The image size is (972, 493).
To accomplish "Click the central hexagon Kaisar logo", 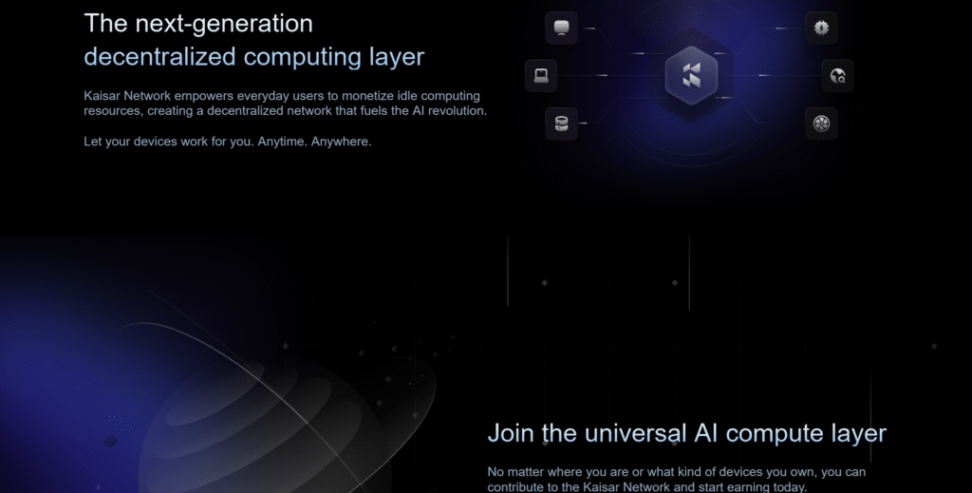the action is click(x=691, y=75).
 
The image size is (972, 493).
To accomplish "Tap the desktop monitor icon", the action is click(x=561, y=28).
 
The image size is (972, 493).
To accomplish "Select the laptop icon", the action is click(x=541, y=76).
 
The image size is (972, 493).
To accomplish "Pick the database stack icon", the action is click(x=561, y=123).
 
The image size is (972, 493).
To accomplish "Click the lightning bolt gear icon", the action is click(x=821, y=28).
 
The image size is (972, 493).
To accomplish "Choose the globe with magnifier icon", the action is click(x=837, y=76).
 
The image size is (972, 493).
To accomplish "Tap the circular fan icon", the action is click(x=821, y=123).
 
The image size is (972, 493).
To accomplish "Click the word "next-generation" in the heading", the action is click(x=224, y=24).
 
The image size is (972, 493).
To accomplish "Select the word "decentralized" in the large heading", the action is click(x=159, y=56).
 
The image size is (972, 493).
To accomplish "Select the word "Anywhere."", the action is click(x=342, y=142).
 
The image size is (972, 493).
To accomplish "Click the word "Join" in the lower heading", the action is click(x=512, y=433).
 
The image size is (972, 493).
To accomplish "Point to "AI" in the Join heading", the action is click(x=706, y=433).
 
